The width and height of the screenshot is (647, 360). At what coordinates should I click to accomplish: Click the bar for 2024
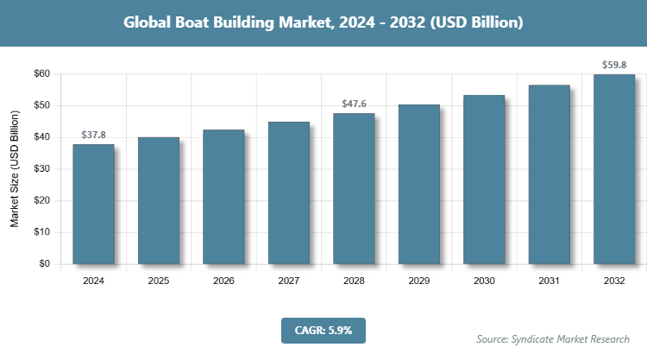point(93,204)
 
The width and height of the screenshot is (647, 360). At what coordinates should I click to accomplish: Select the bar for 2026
point(223,197)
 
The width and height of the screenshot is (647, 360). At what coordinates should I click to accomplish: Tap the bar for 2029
point(418,184)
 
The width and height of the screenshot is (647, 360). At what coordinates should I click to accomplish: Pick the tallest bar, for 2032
point(614,169)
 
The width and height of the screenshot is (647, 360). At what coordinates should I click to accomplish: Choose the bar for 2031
point(549,174)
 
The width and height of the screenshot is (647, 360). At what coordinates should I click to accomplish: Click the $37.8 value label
point(93,136)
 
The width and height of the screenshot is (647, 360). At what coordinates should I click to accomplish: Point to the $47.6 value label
point(354,104)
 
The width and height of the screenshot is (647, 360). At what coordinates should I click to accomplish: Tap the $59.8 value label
point(614,65)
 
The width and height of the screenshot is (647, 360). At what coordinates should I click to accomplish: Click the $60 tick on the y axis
point(41,74)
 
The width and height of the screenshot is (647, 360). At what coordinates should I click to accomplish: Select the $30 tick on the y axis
point(41,169)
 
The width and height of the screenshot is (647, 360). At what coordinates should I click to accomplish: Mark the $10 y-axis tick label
point(41,232)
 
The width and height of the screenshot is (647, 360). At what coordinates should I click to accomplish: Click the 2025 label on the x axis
point(159,281)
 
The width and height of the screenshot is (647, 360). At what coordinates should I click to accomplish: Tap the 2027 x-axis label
point(289,281)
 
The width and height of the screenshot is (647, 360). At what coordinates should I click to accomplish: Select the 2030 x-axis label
point(484,281)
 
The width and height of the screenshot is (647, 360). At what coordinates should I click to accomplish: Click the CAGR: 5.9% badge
point(323,330)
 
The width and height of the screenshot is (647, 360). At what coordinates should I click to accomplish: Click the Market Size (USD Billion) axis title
point(15,169)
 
